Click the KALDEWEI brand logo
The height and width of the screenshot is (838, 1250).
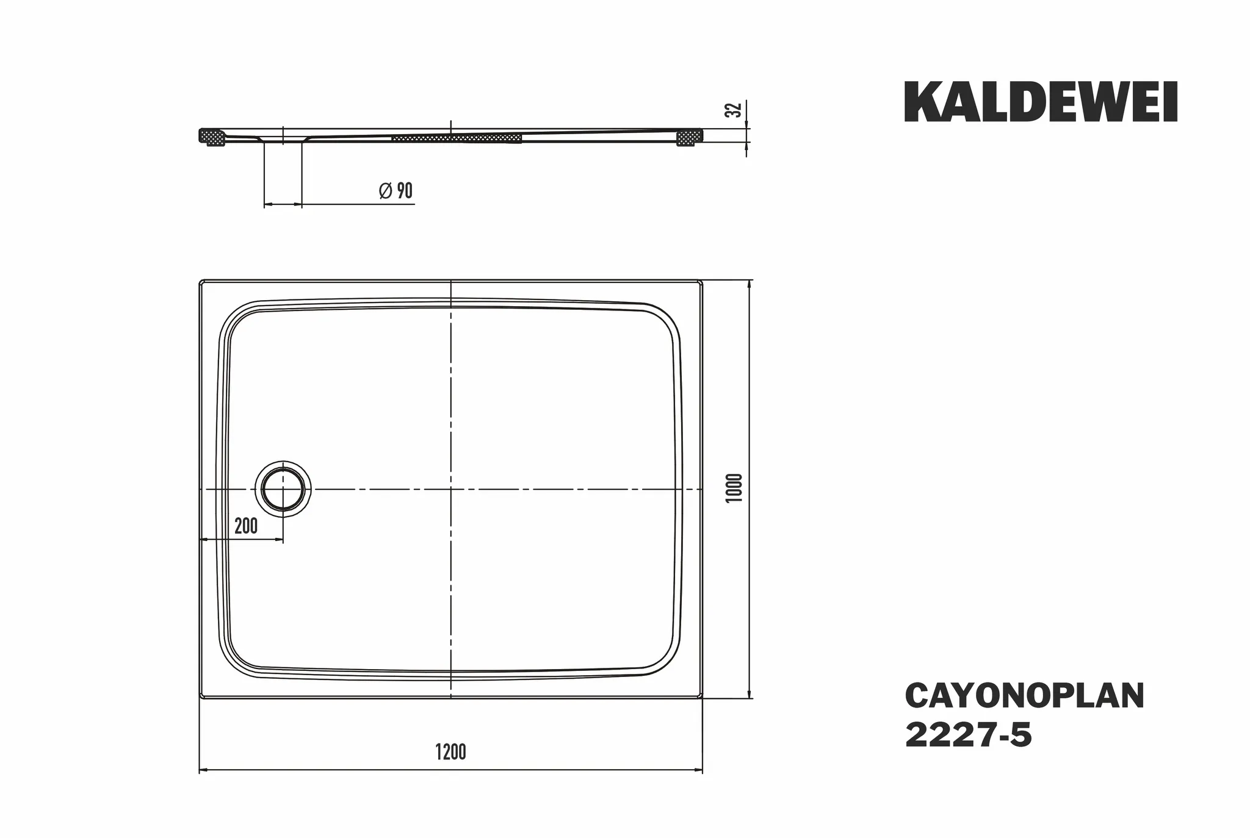tap(1041, 102)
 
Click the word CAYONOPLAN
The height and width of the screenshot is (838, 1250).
tap(1024, 696)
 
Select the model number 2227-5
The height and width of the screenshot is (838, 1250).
tap(968, 736)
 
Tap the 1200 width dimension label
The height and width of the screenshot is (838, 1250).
tap(450, 752)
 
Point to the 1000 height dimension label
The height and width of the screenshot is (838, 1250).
tap(735, 488)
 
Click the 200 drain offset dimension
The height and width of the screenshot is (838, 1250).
tap(246, 526)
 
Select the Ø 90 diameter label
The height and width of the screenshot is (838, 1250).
tap(396, 191)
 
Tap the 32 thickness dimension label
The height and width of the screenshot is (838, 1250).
tap(735, 110)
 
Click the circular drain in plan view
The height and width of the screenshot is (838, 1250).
tap(283, 490)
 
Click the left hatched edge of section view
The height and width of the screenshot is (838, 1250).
tap(213, 137)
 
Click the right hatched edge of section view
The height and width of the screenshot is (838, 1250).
tap(690, 137)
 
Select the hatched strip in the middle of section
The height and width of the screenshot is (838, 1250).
tap(457, 138)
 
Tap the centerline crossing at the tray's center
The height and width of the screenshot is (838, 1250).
tap(450, 490)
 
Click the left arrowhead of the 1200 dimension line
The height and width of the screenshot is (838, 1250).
tap(203, 770)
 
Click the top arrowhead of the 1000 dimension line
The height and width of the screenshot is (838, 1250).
tap(749, 284)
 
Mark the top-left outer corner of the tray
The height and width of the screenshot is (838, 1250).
tap(201, 282)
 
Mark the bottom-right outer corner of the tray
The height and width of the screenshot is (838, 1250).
tap(701, 697)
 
